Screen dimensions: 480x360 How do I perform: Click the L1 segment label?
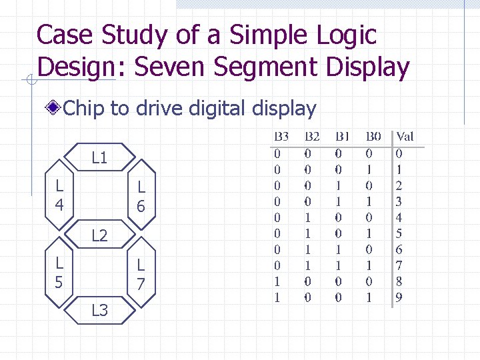click(99, 158)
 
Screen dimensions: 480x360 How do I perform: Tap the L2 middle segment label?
click(99, 235)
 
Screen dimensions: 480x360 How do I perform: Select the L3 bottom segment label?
click(99, 309)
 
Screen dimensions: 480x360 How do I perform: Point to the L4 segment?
click(59, 195)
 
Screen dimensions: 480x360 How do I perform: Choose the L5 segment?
click(59, 273)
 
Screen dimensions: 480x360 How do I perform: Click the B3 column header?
click(281, 137)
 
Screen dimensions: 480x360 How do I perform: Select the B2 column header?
click(311, 137)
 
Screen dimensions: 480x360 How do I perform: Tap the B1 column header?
click(343, 137)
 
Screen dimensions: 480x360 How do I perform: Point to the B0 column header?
click(373, 137)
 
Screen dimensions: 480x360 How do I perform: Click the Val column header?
click(405, 137)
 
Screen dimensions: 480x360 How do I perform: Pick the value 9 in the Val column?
click(399, 297)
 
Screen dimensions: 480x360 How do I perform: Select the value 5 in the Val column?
click(399, 233)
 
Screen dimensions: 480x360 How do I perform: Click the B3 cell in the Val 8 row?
click(277, 281)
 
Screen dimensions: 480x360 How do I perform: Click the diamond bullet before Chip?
click(53, 108)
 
